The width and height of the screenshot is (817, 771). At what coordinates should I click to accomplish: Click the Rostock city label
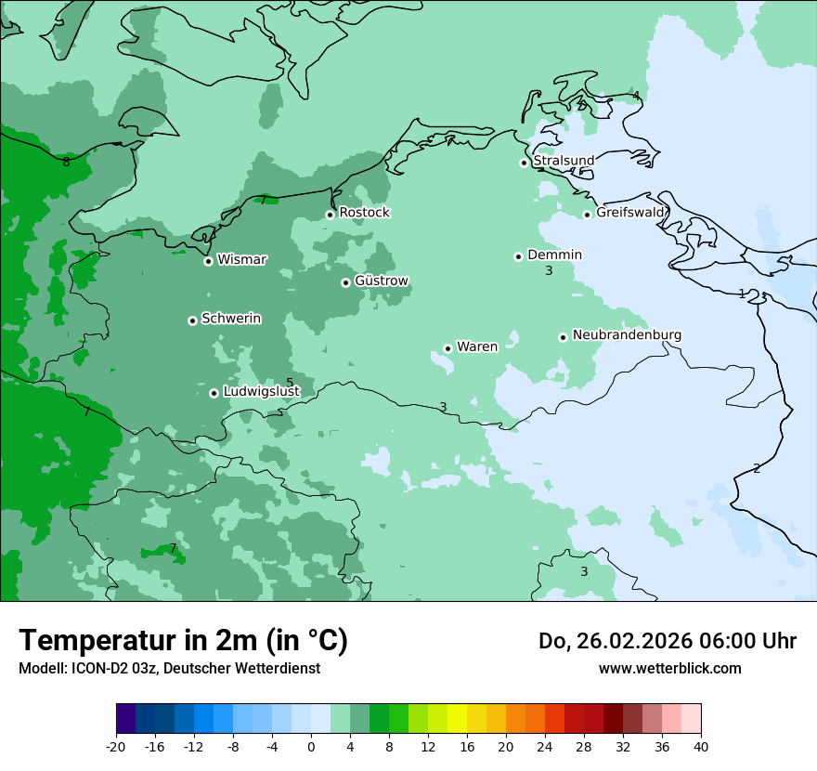pyautogui.click(x=364, y=213)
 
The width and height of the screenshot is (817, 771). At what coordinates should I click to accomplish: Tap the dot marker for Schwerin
pyautogui.click(x=192, y=320)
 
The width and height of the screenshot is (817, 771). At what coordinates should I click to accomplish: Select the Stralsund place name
pyautogui.click(x=564, y=161)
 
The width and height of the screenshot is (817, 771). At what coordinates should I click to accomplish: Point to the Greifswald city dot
pyautogui.click(x=587, y=215)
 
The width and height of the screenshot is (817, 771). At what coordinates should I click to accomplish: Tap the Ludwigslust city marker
pyautogui.click(x=214, y=393)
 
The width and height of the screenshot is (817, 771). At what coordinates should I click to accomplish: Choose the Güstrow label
pyautogui.click(x=382, y=281)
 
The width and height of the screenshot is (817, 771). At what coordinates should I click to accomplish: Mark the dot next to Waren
pyautogui.click(x=447, y=348)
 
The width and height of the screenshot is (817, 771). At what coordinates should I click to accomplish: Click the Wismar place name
pyautogui.click(x=241, y=259)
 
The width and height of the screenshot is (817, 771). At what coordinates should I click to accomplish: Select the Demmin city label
pyautogui.click(x=554, y=255)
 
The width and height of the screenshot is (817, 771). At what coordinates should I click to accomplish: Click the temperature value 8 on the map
pyautogui.click(x=66, y=163)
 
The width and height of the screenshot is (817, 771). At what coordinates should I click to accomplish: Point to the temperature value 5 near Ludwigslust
pyautogui.click(x=290, y=383)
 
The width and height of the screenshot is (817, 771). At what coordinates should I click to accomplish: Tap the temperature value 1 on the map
pyautogui.click(x=741, y=294)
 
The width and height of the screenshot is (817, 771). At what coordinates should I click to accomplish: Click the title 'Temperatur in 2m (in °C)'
pyautogui.click(x=183, y=641)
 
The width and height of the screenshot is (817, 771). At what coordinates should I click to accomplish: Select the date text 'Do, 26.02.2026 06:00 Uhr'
pyautogui.click(x=667, y=641)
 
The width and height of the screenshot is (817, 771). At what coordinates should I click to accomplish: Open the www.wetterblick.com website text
pyautogui.click(x=669, y=668)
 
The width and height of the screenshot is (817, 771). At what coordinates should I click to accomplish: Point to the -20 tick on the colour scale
pyautogui.click(x=116, y=747)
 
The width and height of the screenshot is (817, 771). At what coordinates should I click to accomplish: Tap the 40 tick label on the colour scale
pyautogui.click(x=701, y=747)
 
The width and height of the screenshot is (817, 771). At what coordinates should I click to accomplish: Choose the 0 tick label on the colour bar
pyautogui.click(x=311, y=747)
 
